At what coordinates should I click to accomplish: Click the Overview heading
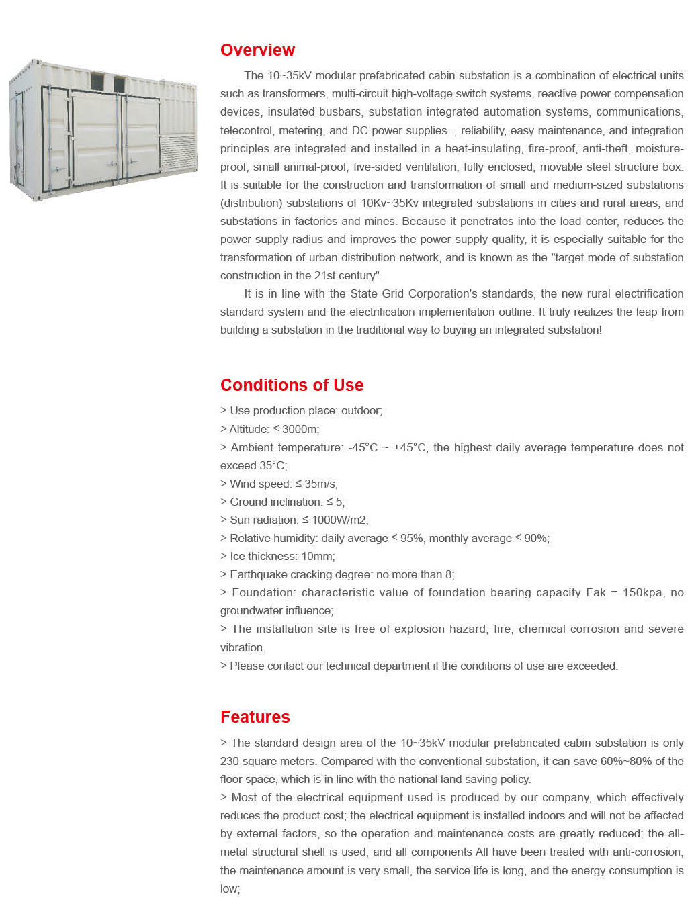coord(257,50)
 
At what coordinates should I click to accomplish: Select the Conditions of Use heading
coord(292,385)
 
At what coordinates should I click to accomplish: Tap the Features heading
coord(255,717)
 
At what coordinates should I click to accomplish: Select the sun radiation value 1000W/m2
coord(339,520)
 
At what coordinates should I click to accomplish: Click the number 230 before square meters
coord(230,762)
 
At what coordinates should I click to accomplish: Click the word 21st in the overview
coord(325,276)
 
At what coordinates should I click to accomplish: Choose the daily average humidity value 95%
coord(412,539)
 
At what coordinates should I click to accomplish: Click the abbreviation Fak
coord(596,593)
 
